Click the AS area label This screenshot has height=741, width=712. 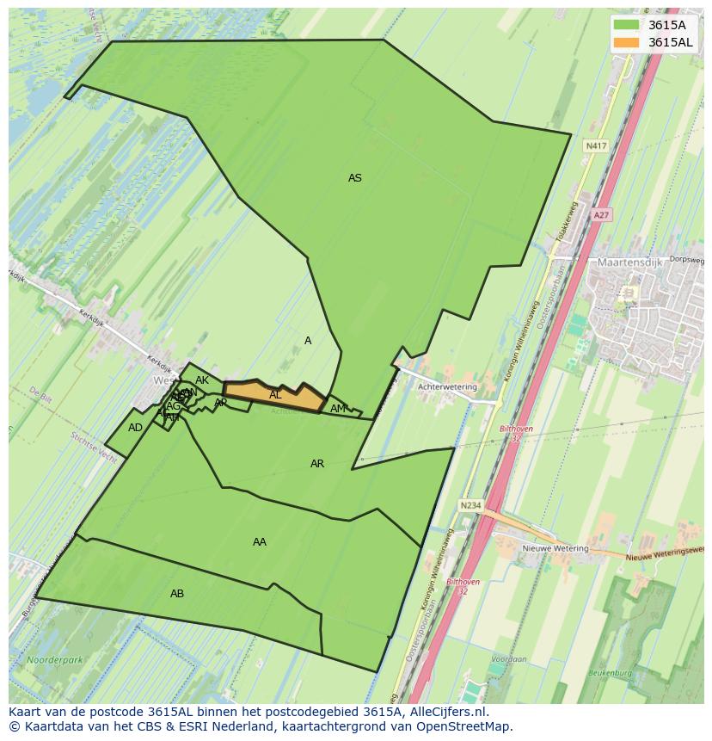354,178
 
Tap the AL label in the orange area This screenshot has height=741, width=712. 275,395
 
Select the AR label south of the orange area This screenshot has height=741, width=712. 317,464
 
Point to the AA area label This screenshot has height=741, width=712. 259,542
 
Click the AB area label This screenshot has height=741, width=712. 177,594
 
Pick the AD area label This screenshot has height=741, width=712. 135,428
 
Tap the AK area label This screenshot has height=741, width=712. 202,380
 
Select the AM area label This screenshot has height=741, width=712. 338,409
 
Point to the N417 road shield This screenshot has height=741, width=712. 596,146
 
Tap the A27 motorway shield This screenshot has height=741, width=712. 602,215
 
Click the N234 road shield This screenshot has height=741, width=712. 470,505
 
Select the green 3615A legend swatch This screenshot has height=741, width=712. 627,25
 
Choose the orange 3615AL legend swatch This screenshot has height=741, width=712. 627,42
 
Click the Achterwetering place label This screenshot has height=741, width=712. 446,387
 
